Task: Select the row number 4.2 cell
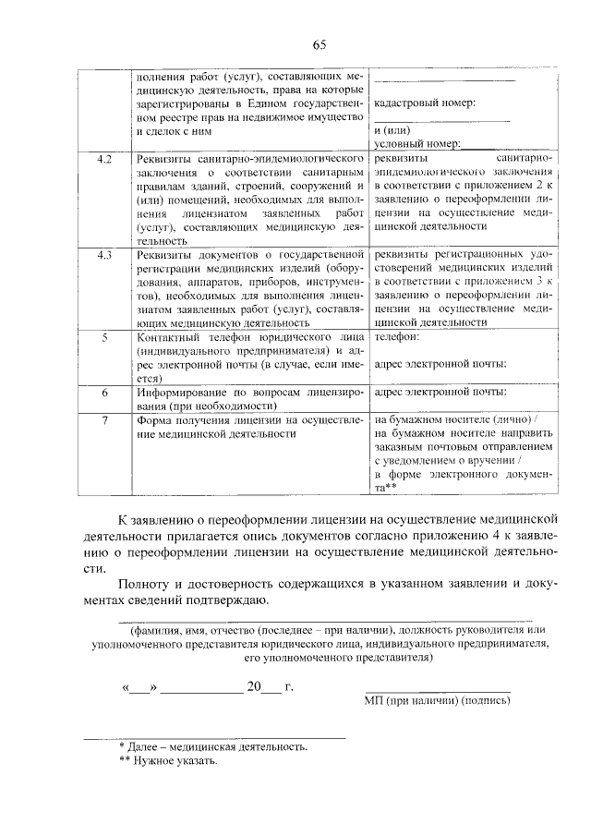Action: pos(104,160)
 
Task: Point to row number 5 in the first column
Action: pos(104,338)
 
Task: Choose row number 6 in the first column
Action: pos(104,392)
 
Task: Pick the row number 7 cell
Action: pos(104,420)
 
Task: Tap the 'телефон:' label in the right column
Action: pos(397,338)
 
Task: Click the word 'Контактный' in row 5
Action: pos(167,338)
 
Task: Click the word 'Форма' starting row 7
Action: pos(153,420)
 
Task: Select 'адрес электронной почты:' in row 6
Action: pos(440,392)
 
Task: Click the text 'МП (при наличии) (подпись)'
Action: pos(437,701)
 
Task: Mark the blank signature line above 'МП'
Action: pos(437,690)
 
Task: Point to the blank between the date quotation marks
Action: pos(139,688)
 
